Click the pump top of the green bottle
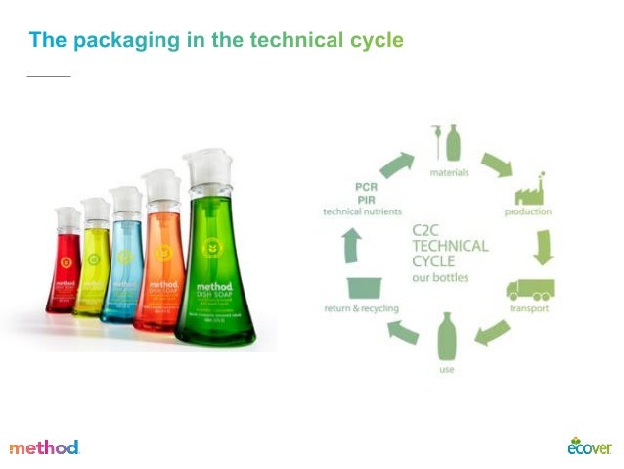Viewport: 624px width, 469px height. (207, 169)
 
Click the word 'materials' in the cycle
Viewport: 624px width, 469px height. (450, 173)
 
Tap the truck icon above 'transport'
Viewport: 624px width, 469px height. (529, 289)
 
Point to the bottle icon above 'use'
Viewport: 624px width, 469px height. (447, 338)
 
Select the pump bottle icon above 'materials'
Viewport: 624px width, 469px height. (450, 143)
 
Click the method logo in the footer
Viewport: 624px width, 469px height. (44, 447)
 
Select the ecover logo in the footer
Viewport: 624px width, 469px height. (589, 446)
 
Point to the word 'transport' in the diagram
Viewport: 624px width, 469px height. (528, 309)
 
